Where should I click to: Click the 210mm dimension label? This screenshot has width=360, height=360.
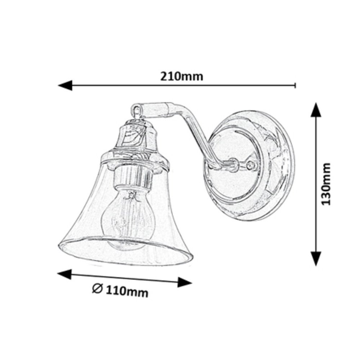click(x=181, y=76)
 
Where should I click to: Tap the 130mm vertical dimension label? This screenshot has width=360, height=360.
click(x=325, y=184)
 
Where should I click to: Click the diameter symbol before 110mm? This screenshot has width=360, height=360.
click(x=97, y=288)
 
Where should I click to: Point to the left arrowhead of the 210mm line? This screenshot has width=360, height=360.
click(x=65, y=85)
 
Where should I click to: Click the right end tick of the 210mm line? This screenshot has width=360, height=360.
click(x=295, y=85)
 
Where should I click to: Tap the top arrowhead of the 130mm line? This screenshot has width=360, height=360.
click(x=316, y=110)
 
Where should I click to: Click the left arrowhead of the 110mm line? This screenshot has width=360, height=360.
click(x=64, y=274)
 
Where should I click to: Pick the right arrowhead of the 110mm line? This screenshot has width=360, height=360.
click(x=185, y=282)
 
